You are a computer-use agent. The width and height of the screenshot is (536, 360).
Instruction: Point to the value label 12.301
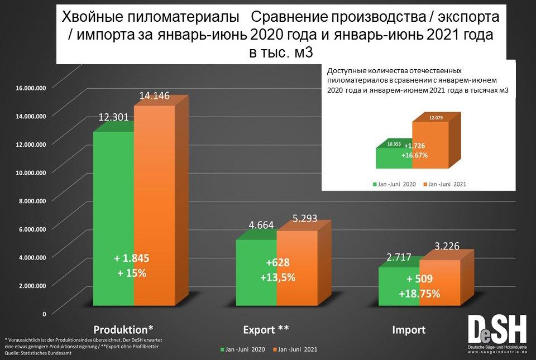(114, 117)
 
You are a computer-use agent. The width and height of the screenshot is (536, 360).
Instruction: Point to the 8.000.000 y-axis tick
(31, 201)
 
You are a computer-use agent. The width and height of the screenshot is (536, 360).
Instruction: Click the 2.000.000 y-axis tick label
(31, 286)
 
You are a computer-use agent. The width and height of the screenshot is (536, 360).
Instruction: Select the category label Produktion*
(123, 328)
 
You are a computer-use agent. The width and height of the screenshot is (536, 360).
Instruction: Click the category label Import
(409, 329)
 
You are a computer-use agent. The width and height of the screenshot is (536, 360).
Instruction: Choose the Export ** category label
(266, 328)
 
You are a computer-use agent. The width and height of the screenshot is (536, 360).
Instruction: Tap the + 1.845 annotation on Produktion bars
(132, 258)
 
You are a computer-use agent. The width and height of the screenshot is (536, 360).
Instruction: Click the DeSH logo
(497, 334)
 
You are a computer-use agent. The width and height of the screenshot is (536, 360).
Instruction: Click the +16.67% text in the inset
(414, 155)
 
